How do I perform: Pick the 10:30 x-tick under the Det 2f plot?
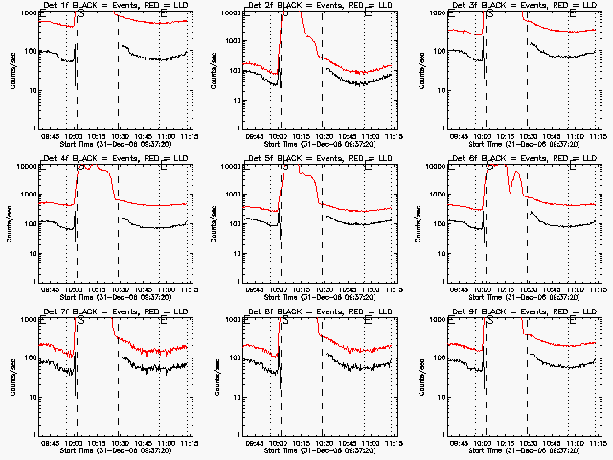(x=323, y=136)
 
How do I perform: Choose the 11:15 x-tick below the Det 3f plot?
(x=599, y=136)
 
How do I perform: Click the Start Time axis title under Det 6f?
(x=523, y=297)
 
